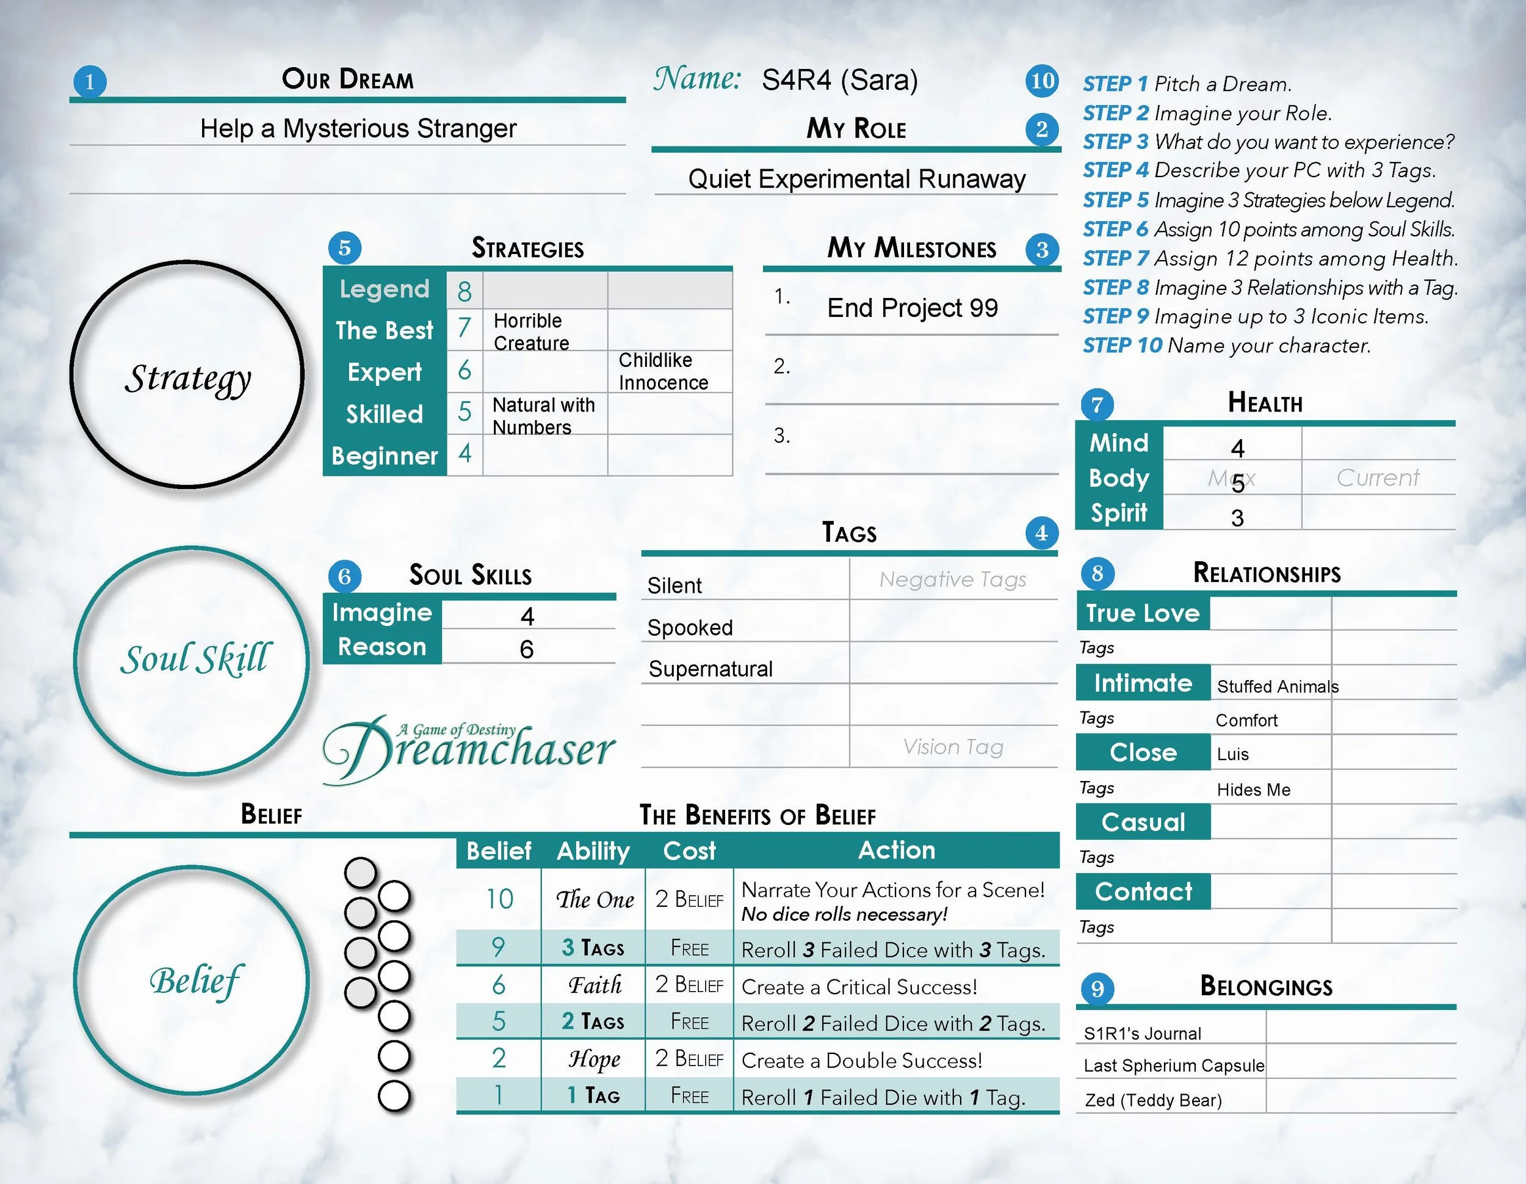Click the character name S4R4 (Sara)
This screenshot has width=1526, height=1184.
[x=839, y=81]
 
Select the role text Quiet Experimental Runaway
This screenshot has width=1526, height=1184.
[x=856, y=179]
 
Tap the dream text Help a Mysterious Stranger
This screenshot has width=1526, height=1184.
[x=358, y=129]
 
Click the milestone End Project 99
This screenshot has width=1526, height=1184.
[x=912, y=308]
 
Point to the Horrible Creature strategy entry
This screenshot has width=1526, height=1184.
[x=531, y=332]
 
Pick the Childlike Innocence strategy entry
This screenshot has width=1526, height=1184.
[x=662, y=371]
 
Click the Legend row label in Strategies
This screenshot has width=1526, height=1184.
[x=385, y=289]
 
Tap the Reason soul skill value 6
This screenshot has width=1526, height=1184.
[x=527, y=649]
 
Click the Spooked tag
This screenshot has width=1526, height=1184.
[x=690, y=628]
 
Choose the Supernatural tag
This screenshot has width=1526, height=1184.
[x=710, y=669]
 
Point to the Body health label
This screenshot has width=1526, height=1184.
[x=1119, y=478]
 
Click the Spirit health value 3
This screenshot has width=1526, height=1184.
[x=1237, y=518]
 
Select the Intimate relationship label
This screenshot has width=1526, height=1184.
[x=1143, y=683]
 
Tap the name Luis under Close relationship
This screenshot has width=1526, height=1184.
[x=1232, y=754]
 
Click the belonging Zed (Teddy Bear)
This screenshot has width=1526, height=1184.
[x=1153, y=1100]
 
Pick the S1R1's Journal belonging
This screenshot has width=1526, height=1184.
[x=1141, y=1034]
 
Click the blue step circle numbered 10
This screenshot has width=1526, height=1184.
[x=1042, y=81]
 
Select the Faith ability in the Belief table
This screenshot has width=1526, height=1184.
[x=594, y=986]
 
